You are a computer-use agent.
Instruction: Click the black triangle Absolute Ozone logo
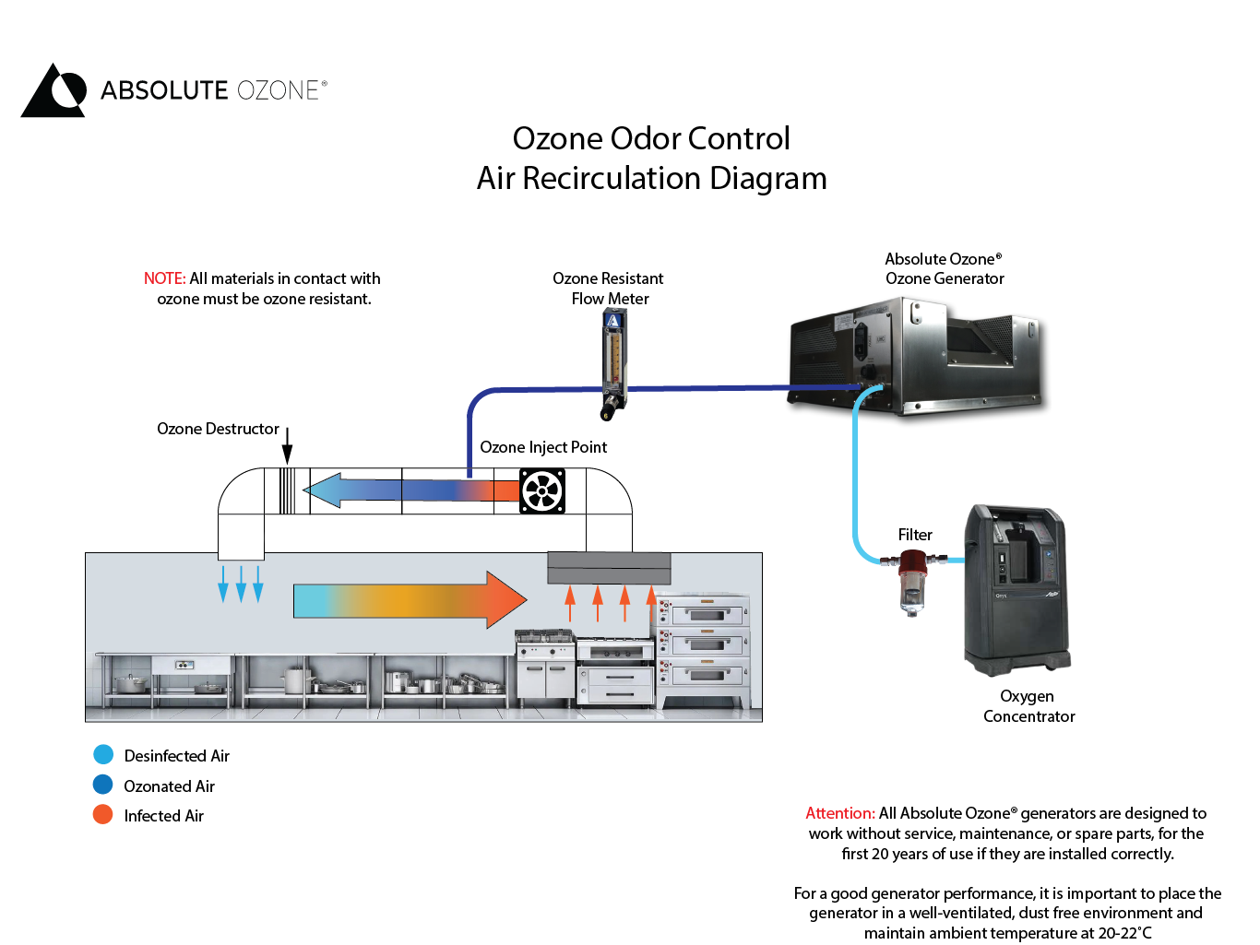tap(53, 91)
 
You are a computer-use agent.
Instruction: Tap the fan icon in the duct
tap(542, 491)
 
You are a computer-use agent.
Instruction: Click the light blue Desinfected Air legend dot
tap(103, 755)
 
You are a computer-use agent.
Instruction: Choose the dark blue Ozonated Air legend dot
tap(103, 786)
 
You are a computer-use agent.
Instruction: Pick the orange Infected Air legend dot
tap(103, 815)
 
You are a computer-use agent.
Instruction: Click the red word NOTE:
tap(165, 278)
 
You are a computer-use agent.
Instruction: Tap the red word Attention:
tap(839, 813)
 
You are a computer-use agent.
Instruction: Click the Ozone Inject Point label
tap(543, 447)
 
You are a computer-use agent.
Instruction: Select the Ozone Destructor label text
tap(218, 429)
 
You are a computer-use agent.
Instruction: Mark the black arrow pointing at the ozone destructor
tap(287, 446)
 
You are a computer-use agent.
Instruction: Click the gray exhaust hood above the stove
tap(609, 568)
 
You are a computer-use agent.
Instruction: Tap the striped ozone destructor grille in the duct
tap(287, 490)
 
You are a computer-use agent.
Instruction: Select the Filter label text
tap(915, 535)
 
